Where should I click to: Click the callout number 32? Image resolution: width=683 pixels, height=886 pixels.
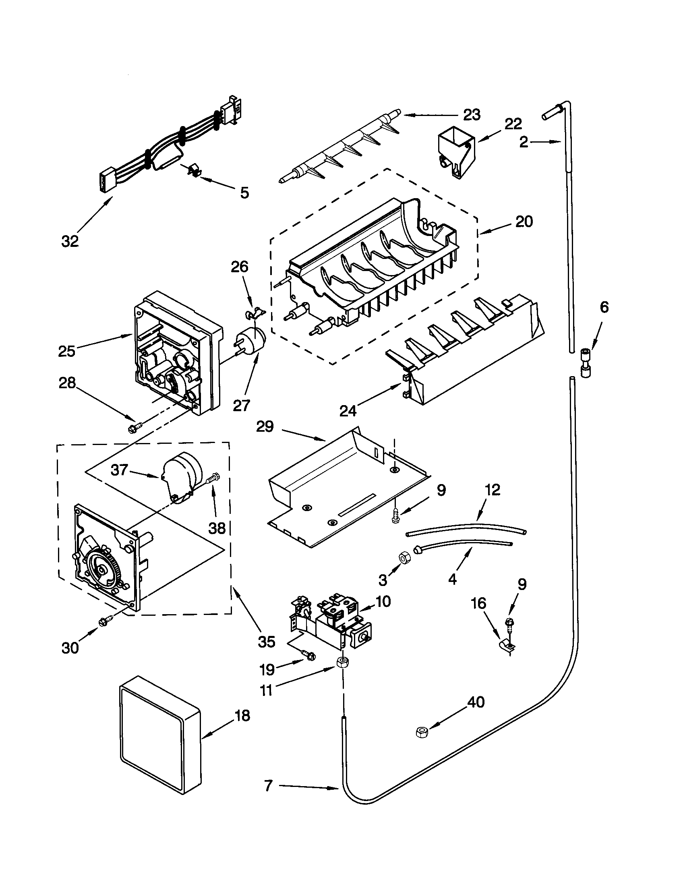[x=70, y=241]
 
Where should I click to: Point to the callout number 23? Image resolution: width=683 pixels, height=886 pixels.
[x=472, y=115]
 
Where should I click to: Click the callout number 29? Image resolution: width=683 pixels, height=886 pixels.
[x=265, y=426]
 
